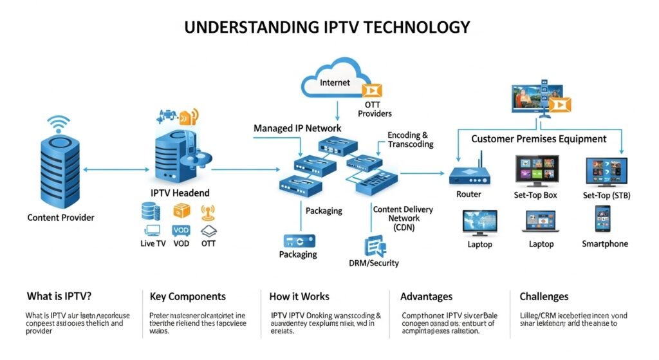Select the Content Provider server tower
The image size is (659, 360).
pyautogui.click(x=60, y=170)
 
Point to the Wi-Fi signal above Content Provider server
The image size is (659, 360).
pyautogui.click(x=60, y=123)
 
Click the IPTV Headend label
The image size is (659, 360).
pyautogui.click(x=179, y=193)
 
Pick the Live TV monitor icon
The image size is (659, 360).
pyautogui.click(x=153, y=230)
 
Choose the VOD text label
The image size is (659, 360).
pyautogui.click(x=181, y=244)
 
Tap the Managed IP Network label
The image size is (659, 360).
pyautogui.click(x=297, y=128)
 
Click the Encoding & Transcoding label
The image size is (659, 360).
pyautogui.click(x=407, y=140)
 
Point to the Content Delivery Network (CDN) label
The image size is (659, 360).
pyautogui.click(x=403, y=218)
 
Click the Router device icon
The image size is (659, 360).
pyautogui.click(x=468, y=174)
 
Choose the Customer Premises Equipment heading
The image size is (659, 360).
pyautogui.click(x=539, y=138)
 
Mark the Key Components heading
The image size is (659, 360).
pyautogui.click(x=188, y=297)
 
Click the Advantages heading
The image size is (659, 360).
pyautogui.click(x=426, y=297)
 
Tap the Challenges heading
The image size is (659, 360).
pyautogui.click(x=544, y=297)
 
